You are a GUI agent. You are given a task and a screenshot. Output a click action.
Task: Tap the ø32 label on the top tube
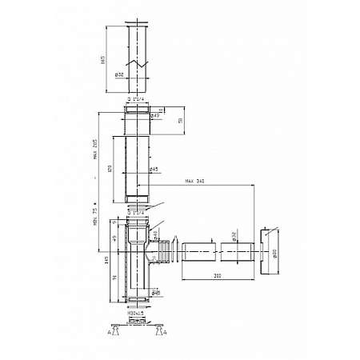pyautogui.click(x=121, y=75)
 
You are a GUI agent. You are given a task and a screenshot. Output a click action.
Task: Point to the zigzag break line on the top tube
pyautogui.click(x=140, y=60)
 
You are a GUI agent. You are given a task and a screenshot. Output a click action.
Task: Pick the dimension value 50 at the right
pyautogui.click(x=179, y=120)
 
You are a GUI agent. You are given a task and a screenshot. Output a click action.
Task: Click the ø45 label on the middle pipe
pyautogui.click(x=152, y=169)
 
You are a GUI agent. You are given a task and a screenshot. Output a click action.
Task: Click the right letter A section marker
pyautogui.click(x=164, y=331)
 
